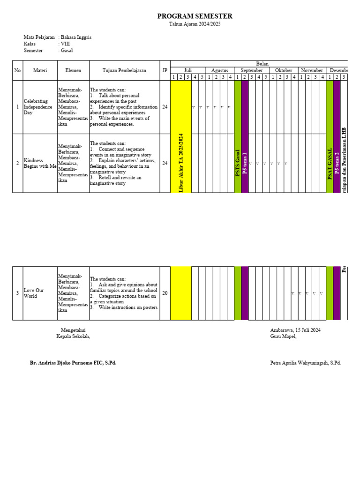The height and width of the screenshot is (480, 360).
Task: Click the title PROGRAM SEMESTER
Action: point(195,16)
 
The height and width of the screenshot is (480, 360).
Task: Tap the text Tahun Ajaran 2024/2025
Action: point(195,24)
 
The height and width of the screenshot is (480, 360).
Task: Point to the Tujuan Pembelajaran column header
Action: point(124,70)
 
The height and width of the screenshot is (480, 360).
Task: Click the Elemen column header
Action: point(73,70)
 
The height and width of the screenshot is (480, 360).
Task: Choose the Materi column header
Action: point(40,70)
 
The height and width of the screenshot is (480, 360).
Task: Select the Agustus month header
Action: point(220,70)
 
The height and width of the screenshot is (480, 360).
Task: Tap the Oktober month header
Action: point(284,70)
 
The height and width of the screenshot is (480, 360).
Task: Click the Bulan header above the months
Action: point(262,63)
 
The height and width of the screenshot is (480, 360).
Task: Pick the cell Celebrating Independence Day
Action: point(38,107)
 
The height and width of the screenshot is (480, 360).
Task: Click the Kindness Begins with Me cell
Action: point(40,163)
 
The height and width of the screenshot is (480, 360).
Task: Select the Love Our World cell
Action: point(34,293)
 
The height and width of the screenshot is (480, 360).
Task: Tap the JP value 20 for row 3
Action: point(165,293)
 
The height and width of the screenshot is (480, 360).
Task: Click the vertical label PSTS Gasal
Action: point(238,163)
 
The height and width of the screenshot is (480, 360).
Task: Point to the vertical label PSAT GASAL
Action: point(330,164)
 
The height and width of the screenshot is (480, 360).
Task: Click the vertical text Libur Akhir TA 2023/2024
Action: point(181,163)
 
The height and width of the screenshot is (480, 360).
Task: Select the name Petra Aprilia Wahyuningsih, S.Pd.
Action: point(305,363)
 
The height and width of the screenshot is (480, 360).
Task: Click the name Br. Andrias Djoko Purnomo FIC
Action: point(73,363)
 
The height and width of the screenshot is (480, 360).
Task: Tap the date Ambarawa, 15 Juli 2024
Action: point(295,330)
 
